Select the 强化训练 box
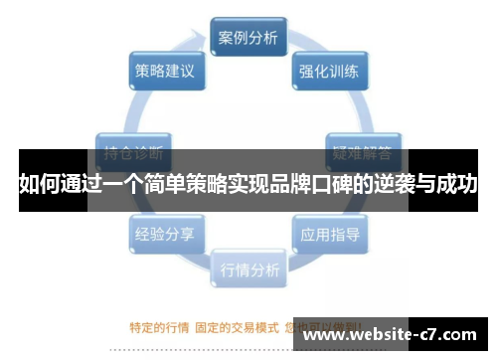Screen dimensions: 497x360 [329, 73]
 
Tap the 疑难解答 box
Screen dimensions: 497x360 [363, 153]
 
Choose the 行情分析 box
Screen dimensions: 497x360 [248, 268]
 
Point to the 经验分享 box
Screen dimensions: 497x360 [165, 236]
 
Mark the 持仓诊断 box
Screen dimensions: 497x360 [133, 153]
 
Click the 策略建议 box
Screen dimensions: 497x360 [165, 73]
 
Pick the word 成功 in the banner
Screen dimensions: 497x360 [459, 185]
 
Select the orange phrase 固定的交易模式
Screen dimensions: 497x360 [238, 324]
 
